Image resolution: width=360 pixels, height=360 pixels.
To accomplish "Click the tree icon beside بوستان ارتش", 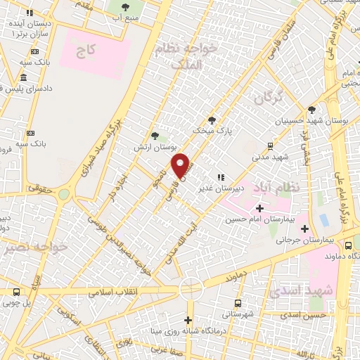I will pos(155,136).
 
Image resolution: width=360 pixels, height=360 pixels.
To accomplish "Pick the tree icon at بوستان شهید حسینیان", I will pos(311,110).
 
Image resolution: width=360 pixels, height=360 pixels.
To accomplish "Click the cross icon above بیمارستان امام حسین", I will pos(260,208).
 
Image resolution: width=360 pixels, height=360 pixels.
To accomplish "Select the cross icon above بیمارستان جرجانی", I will pos(304,229).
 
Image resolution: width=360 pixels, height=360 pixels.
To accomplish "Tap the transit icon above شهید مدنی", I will pos(269,146).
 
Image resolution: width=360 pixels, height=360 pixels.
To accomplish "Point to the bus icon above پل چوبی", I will pos(16,291).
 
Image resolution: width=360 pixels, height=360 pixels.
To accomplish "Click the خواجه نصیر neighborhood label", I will pos(34,247).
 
